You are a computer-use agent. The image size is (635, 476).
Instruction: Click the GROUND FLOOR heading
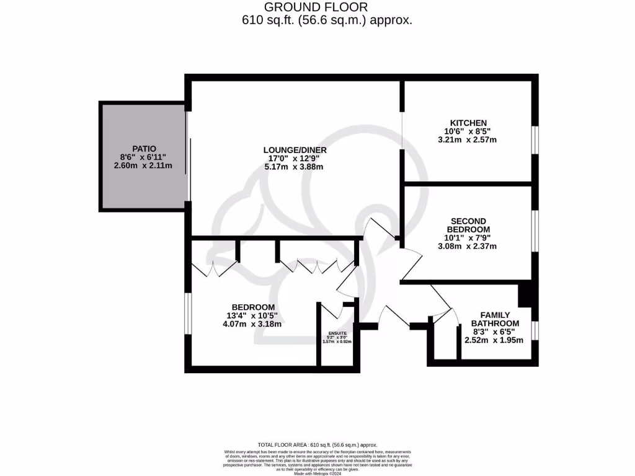(316, 7)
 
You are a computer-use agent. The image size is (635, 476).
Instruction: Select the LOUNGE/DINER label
(295, 150)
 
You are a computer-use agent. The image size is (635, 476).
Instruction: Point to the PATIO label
(144, 148)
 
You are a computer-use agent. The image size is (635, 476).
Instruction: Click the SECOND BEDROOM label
(468, 225)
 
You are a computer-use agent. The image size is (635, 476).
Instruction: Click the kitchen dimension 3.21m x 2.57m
(468, 140)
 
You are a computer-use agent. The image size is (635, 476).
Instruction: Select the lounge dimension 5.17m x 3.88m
(295, 167)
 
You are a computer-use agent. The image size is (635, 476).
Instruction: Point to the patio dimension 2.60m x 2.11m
(144, 165)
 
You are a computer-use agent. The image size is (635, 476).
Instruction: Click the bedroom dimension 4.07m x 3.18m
(253, 324)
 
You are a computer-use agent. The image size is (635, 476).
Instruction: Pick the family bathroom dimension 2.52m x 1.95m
(494, 340)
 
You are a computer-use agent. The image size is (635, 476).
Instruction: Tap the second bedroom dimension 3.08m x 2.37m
(468, 246)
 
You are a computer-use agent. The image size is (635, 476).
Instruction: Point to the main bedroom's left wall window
(187, 312)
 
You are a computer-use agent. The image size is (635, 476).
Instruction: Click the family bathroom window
(535, 330)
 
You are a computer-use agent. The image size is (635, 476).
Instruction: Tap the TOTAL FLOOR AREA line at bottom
(317, 445)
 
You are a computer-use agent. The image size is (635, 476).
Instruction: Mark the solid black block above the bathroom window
(525, 294)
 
